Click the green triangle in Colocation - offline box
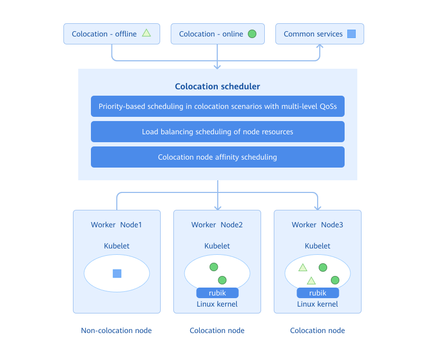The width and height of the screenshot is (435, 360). point(146,33)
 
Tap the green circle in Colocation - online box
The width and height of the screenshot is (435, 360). point(252,34)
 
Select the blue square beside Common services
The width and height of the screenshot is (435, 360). point(351,34)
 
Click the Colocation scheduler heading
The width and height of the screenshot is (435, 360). point(217,86)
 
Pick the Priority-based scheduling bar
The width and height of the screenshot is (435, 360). point(217,106)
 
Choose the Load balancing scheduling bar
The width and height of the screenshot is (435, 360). point(217,132)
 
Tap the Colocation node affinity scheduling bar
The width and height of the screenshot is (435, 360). point(217,157)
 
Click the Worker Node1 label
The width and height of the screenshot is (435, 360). point(116,225)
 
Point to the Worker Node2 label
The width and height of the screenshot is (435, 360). point(217,225)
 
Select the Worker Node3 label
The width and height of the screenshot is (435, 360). point(317,225)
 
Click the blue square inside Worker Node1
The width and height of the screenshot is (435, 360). point(117,273)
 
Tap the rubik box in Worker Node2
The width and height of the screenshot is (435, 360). point(217,293)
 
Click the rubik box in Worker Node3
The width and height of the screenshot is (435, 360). point(318,293)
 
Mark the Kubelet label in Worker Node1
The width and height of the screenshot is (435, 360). point(116,246)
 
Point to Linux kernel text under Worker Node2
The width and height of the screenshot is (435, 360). point(217,304)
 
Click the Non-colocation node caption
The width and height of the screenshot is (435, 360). point(116,330)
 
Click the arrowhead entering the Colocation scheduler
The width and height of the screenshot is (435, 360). point(217,66)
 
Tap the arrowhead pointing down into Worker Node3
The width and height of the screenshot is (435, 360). point(318,207)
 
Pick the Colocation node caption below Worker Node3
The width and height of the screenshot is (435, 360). point(317,330)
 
